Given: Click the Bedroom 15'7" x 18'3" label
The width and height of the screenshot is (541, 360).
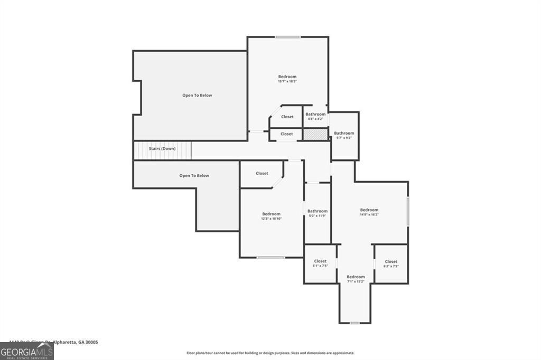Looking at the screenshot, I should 287,79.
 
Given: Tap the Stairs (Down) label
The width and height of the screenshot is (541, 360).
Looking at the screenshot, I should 162,149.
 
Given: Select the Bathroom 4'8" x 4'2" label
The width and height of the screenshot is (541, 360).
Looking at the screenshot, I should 315,116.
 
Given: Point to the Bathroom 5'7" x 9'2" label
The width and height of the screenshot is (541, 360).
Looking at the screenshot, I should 344,135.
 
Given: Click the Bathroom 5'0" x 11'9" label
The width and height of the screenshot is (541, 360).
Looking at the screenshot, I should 318,213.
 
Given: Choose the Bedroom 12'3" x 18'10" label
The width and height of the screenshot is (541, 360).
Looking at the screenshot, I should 271,216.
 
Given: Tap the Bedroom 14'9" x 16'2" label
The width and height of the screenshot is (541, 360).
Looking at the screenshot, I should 369,212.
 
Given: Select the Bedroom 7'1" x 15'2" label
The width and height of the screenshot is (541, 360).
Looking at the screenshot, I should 356,279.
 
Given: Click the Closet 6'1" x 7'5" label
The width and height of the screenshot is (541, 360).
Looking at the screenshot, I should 320,263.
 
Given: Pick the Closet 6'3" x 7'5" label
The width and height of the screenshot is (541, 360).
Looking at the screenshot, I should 391,263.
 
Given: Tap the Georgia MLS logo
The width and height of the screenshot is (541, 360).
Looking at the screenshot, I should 26,351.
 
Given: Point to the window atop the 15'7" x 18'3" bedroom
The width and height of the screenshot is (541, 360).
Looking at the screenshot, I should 288,37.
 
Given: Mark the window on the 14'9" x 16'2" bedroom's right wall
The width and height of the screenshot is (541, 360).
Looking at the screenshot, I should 408,212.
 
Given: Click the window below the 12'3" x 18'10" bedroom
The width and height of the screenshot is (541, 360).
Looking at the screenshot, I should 271,258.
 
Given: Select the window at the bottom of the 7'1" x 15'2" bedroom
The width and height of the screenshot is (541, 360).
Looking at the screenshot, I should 355,323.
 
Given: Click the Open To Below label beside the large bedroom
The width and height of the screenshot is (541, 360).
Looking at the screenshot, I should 197,96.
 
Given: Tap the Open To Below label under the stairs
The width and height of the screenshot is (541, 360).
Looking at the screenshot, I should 194,176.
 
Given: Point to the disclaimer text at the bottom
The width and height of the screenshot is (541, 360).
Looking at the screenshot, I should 270,353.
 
